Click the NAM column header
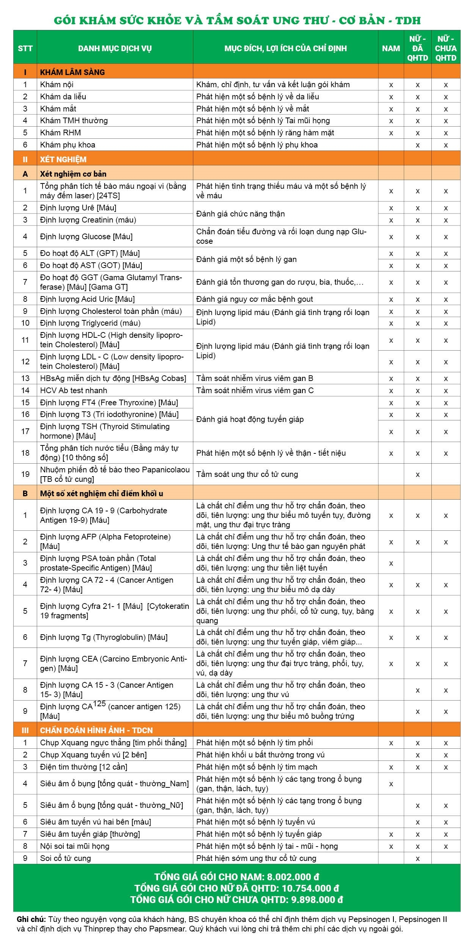[x=391, y=48]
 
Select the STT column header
[x=25, y=48]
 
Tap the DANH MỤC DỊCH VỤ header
[x=115, y=48]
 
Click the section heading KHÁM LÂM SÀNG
[x=72, y=72]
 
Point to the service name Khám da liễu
[x=63, y=96]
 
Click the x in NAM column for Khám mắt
[x=391, y=109]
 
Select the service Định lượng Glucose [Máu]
[x=86, y=237]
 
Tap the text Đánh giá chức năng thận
[x=240, y=214]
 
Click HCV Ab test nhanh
[x=74, y=390]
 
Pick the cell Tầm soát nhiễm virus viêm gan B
[x=254, y=378]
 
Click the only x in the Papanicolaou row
[x=417, y=475]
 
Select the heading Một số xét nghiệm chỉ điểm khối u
[x=101, y=493]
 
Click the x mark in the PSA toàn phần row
[x=391, y=563]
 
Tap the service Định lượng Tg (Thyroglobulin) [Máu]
[x=103, y=637]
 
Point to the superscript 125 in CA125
[x=99, y=704]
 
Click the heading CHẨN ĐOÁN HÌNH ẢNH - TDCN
[x=96, y=730]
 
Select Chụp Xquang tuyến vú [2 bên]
[x=93, y=755]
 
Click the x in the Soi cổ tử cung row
[x=417, y=859]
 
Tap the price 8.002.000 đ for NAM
[x=293, y=877]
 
